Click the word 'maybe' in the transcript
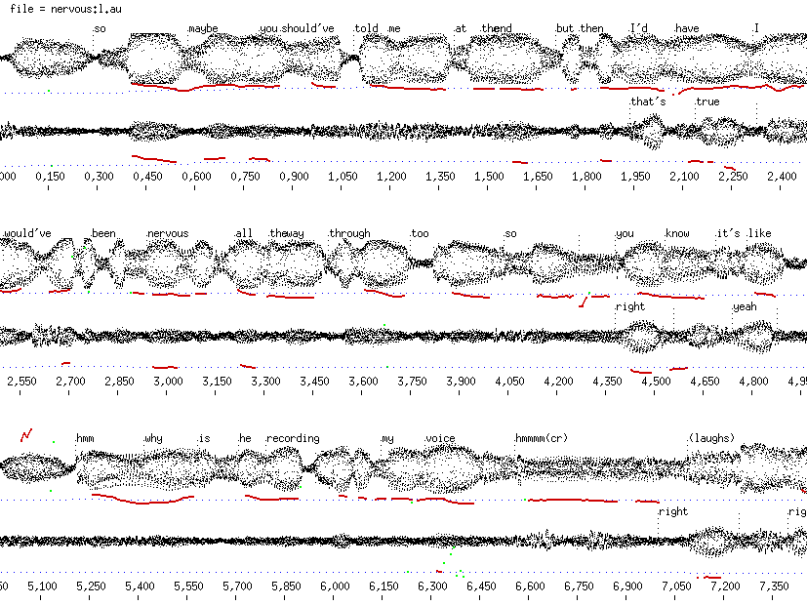[x=203, y=28]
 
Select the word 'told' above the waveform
[x=367, y=28]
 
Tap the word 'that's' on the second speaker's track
[x=648, y=101]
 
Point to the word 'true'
[x=707, y=101]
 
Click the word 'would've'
[x=26, y=234]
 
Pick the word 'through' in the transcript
[x=350, y=234]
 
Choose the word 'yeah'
[x=745, y=307]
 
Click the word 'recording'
[x=293, y=439]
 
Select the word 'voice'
[x=441, y=439]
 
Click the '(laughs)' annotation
[x=711, y=438]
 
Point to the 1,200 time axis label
[x=390, y=177]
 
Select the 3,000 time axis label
[x=168, y=382]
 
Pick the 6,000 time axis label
[x=334, y=586]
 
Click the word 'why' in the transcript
[x=154, y=439]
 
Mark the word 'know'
[x=677, y=234]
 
